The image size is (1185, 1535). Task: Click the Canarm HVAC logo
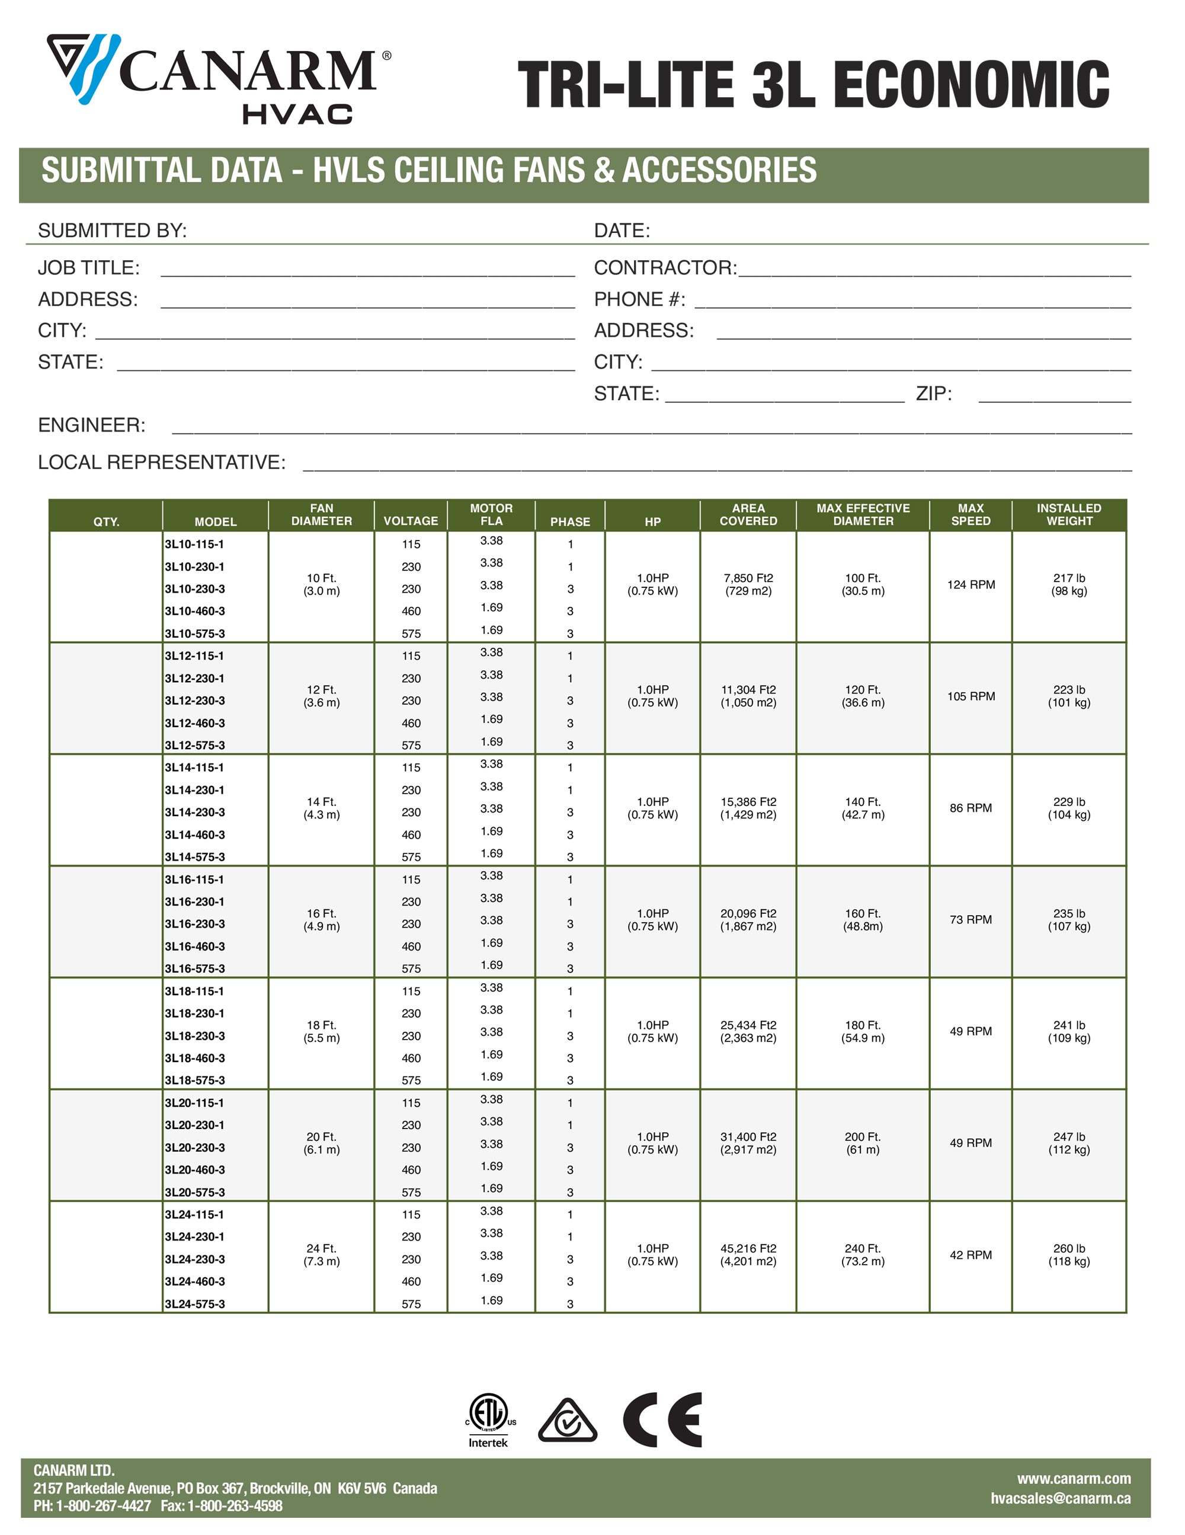point(218,79)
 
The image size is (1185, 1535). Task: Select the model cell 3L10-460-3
point(195,612)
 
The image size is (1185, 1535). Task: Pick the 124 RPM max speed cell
point(971,585)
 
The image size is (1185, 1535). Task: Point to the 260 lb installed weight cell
point(1068,1255)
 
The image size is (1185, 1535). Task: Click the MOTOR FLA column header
point(491,514)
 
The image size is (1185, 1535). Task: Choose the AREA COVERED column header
point(748,514)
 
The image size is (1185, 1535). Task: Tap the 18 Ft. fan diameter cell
point(321,1031)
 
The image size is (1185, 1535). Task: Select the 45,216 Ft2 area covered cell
point(748,1255)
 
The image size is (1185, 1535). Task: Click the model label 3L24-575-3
point(195,1304)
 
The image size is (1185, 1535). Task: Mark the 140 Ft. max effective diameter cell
point(863,808)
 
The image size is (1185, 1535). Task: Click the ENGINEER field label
point(91,425)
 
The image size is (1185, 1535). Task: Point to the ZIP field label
point(933,394)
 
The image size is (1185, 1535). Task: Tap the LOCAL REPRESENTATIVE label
point(162,462)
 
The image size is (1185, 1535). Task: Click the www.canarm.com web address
point(1073,1479)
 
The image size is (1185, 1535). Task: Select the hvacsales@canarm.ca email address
point(1060,1498)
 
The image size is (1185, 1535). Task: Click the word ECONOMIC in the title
point(971,85)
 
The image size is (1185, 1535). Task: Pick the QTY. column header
point(106,522)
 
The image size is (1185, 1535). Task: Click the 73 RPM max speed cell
point(971,919)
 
